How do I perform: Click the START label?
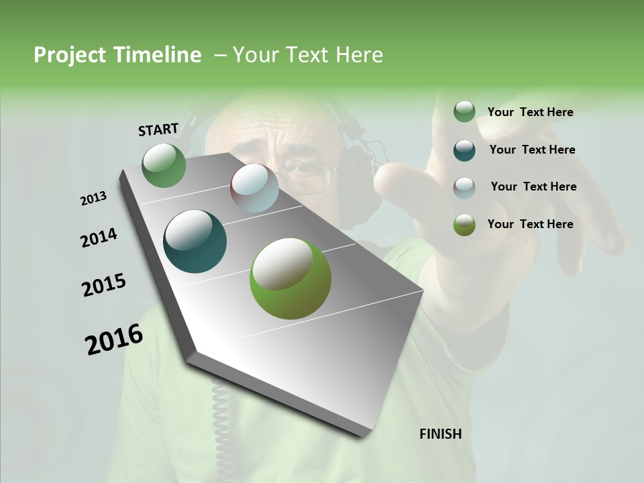click(x=158, y=129)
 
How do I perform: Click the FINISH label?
click(x=440, y=434)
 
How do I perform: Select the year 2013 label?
click(x=93, y=199)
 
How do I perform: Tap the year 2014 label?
click(x=99, y=238)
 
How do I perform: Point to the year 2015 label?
click(x=104, y=285)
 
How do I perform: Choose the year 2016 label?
click(x=114, y=339)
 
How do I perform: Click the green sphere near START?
click(x=164, y=165)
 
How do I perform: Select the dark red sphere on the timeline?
click(x=254, y=188)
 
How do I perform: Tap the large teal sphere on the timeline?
click(x=195, y=241)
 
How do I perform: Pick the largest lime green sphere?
click(x=290, y=278)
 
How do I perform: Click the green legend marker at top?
click(x=464, y=111)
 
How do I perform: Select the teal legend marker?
click(x=464, y=150)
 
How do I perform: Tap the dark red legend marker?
click(x=464, y=187)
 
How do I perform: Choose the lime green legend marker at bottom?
click(x=464, y=225)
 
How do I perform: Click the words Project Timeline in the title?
click(x=117, y=55)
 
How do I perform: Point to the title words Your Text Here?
click(x=307, y=55)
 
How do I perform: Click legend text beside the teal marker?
click(x=532, y=150)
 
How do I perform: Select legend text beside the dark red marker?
click(x=533, y=186)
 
